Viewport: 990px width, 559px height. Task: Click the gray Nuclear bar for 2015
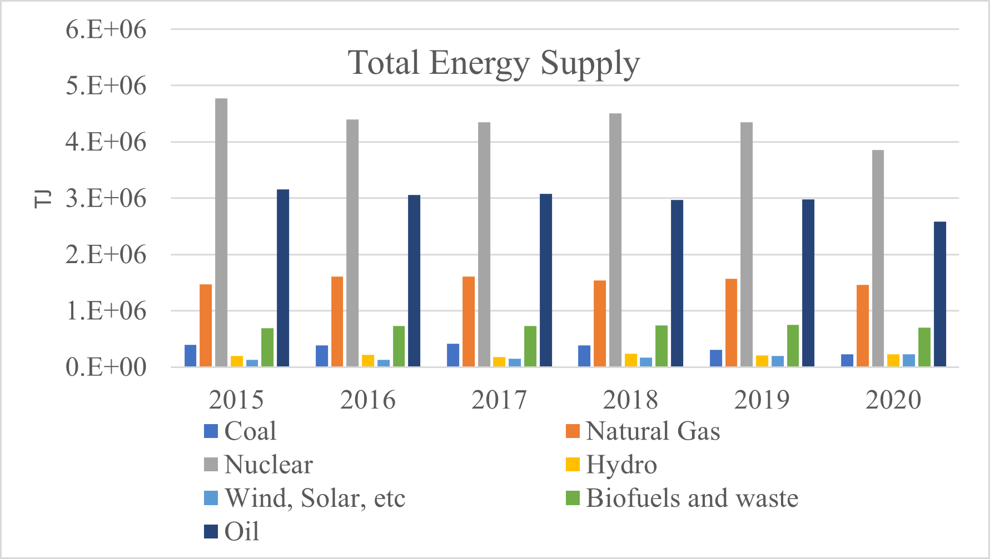[221, 233]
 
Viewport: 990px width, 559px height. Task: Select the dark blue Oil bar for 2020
[940, 294]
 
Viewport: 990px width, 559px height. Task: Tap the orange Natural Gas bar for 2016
[337, 322]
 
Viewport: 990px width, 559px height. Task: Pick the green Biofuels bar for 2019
[793, 346]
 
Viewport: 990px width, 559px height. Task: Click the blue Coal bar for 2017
[453, 355]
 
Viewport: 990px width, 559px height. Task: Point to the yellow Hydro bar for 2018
[630, 360]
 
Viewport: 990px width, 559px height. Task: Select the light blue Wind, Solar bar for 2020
[909, 360]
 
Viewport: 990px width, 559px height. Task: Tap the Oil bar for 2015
[283, 278]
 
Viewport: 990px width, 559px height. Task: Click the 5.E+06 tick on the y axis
[106, 86]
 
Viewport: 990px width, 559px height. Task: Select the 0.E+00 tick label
[106, 367]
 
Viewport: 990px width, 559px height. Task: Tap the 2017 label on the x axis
[499, 400]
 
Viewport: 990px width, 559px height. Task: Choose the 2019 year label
[762, 400]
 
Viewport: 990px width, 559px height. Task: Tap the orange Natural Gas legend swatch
[573, 431]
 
